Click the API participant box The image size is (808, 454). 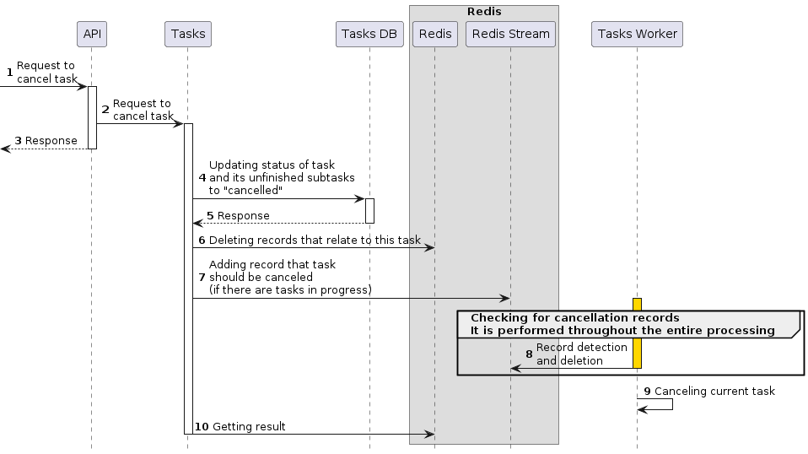coord(91,34)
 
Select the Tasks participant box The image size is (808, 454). coord(187,34)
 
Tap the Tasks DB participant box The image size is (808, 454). coord(369,34)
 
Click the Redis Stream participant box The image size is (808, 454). coord(510,34)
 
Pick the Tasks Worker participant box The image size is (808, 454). coord(637,34)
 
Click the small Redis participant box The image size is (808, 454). coord(434,34)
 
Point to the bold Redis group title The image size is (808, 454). coord(484,11)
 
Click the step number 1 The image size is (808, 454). coord(9,73)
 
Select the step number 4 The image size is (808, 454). coord(202,178)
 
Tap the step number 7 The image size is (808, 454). coord(202,278)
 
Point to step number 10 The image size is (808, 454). coord(201,427)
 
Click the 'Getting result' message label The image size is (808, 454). coord(249,427)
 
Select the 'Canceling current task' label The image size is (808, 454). coord(714,392)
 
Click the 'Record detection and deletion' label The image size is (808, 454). coord(581,354)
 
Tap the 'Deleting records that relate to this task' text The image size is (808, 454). coord(315,241)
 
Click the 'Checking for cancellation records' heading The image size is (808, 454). coord(574,318)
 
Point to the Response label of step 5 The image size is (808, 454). coord(244,216)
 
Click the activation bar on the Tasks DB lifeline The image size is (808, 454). coord(369,211)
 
